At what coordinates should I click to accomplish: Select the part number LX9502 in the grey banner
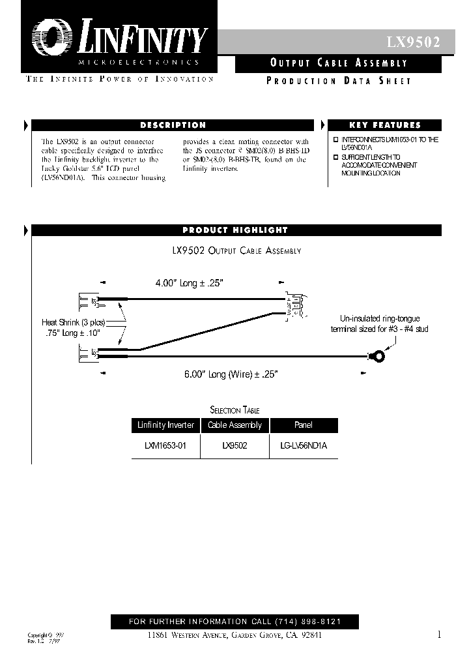(413, 43)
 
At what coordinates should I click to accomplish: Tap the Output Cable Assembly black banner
(338, 63)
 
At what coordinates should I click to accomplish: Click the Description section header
(173, 125)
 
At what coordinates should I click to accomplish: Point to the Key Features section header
(385, 125)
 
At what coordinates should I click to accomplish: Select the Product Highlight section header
(234, 230)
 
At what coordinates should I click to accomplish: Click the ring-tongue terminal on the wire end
(377, 357)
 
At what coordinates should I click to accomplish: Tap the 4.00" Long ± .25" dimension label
(189, 284)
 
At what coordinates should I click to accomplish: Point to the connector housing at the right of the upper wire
(292, 305)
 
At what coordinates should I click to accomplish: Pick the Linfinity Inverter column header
(165, 425)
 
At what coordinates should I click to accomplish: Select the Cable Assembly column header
(234, 425)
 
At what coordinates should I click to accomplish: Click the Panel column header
(303, 425)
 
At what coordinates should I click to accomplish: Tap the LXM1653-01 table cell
(165, 447)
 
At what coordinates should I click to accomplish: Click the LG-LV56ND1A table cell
(303, 447)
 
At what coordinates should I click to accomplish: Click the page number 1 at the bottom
(439, 635)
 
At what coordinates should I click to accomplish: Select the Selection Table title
(234, 410)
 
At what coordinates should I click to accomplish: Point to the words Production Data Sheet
(339, 81)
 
